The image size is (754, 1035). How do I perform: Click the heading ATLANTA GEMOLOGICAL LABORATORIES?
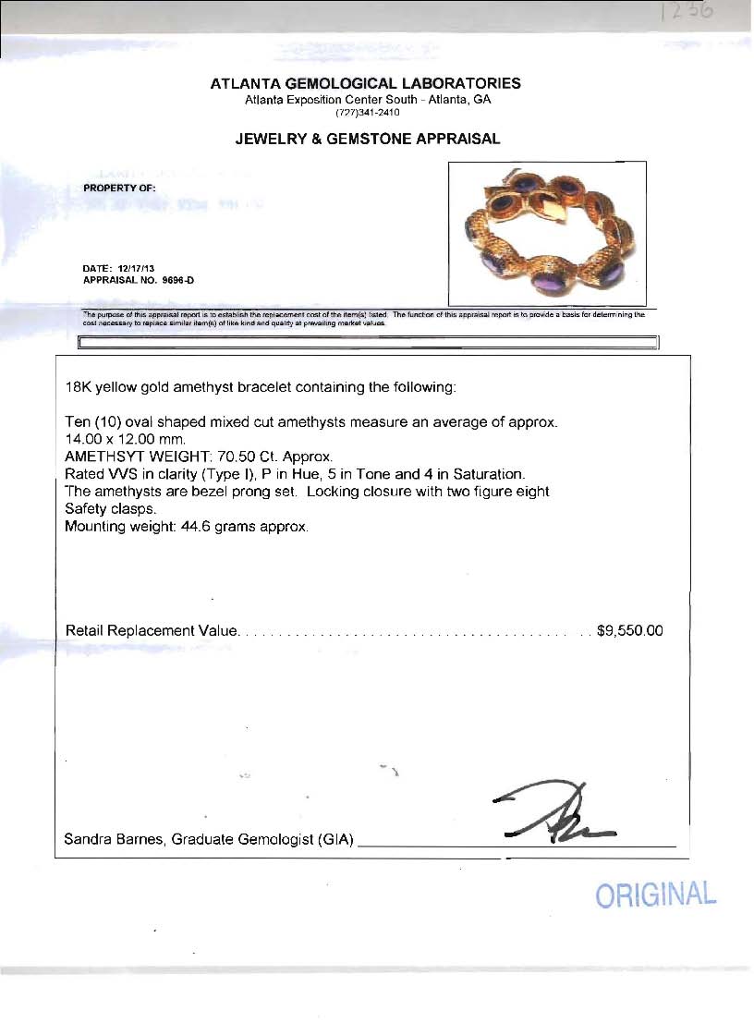coord(366,83)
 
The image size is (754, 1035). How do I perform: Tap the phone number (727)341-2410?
coord(367,113)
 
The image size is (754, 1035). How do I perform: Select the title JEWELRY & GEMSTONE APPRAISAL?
coord(367,140)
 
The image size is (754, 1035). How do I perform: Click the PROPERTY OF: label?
coord(119,188)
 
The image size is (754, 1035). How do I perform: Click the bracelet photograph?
coord(547,233)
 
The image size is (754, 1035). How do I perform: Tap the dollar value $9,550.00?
coord(630,631)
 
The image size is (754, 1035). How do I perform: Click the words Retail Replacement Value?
coord(152,631)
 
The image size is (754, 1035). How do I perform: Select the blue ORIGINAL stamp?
coord(655,895)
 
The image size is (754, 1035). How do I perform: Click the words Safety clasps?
coord(109,509)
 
